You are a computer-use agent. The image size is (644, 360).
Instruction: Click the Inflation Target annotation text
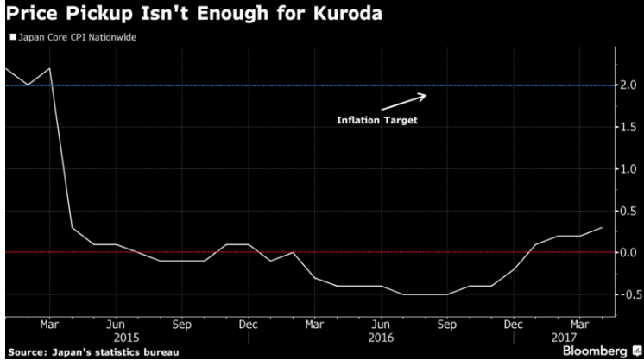[376, 120]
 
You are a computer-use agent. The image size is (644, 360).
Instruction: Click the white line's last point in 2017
[602, 227]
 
